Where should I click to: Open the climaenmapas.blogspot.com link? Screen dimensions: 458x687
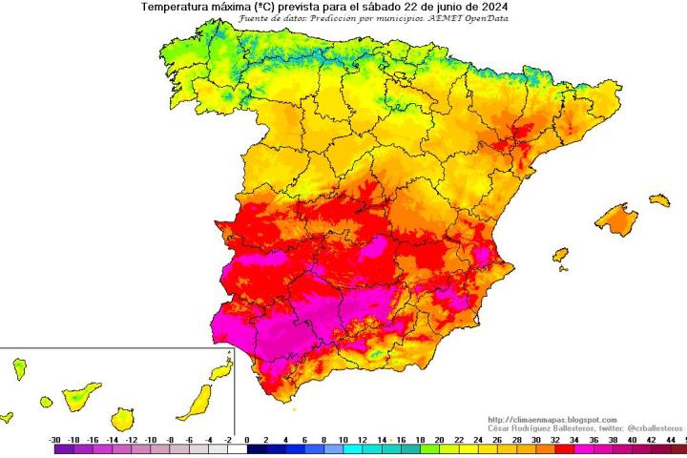click(x=552, y=420)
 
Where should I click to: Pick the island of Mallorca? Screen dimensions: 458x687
click(x=618, y=219)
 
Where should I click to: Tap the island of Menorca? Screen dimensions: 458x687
click(x=659, y=200)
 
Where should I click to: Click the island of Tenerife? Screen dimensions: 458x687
click(x=77, y=393)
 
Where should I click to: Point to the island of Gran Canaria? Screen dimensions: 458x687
click(x=123, y=417)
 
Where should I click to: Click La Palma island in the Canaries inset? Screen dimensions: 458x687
click(x=19, y=367)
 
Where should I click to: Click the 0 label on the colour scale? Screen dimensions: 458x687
click(x=247, y=440)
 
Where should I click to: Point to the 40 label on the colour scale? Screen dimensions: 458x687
click(x=631, y=440)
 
